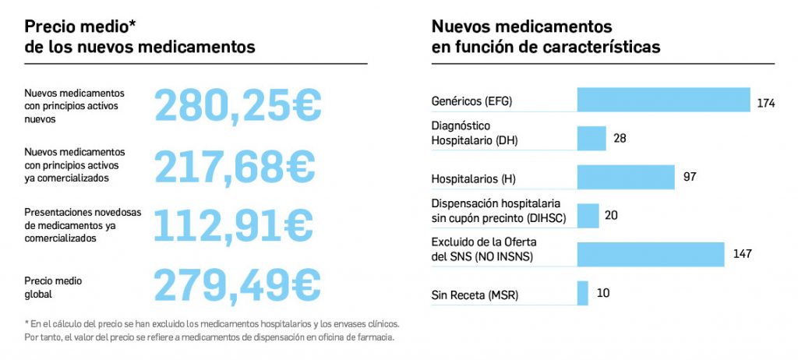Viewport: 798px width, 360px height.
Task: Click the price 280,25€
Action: [238, 104]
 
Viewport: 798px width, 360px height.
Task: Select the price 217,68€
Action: [235, 165]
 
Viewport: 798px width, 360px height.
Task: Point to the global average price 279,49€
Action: [237, 284]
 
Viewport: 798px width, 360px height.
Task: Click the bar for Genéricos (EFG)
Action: [663, 101]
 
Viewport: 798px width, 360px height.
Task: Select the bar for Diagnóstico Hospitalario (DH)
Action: [591, 138]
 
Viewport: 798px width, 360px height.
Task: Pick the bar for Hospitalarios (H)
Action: [626, 177]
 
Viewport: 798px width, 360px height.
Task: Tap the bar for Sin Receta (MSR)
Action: [583, 293]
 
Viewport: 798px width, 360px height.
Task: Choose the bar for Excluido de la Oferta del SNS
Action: [651, 254]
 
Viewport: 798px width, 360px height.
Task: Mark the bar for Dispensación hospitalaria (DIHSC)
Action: [588, 215]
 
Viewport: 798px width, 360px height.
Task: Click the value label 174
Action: [765, 103]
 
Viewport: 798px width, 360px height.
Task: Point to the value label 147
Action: [743, 254]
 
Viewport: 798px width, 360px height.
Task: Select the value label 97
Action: [690, 177]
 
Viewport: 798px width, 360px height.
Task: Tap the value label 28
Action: [620, 138]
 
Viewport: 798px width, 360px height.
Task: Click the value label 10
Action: [603, 293]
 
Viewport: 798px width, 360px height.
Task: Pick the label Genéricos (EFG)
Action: [471, 101]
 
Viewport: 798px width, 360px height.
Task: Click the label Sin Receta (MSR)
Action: [475, 295]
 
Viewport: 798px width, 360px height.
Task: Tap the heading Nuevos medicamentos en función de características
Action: [546, 37]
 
